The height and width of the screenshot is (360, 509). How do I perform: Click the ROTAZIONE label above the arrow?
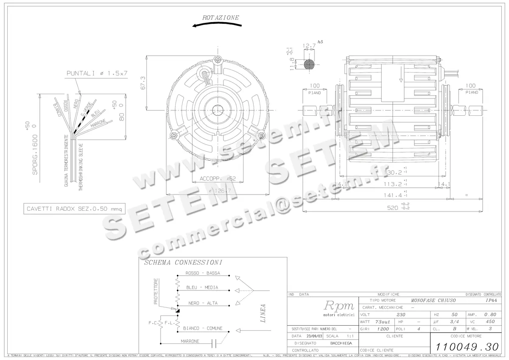221,18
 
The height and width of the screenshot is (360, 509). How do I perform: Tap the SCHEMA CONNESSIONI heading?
183,262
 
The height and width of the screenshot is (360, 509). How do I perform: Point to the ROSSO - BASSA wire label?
203,273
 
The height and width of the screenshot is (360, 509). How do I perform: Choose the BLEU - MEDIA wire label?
202,287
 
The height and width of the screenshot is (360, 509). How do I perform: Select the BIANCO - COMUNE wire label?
203,328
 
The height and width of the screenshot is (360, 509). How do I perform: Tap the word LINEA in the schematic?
263,313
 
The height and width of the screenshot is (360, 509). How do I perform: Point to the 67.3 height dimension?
143,82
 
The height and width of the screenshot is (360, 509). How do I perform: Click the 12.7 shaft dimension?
309,46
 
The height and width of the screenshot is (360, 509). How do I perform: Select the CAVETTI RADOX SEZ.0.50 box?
74,209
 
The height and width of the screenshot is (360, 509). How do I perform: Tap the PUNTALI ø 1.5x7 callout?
97,74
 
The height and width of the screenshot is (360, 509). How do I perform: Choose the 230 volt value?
400,315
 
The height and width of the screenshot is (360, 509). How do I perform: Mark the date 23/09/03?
312,335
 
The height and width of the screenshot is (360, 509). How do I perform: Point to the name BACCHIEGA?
341,343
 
